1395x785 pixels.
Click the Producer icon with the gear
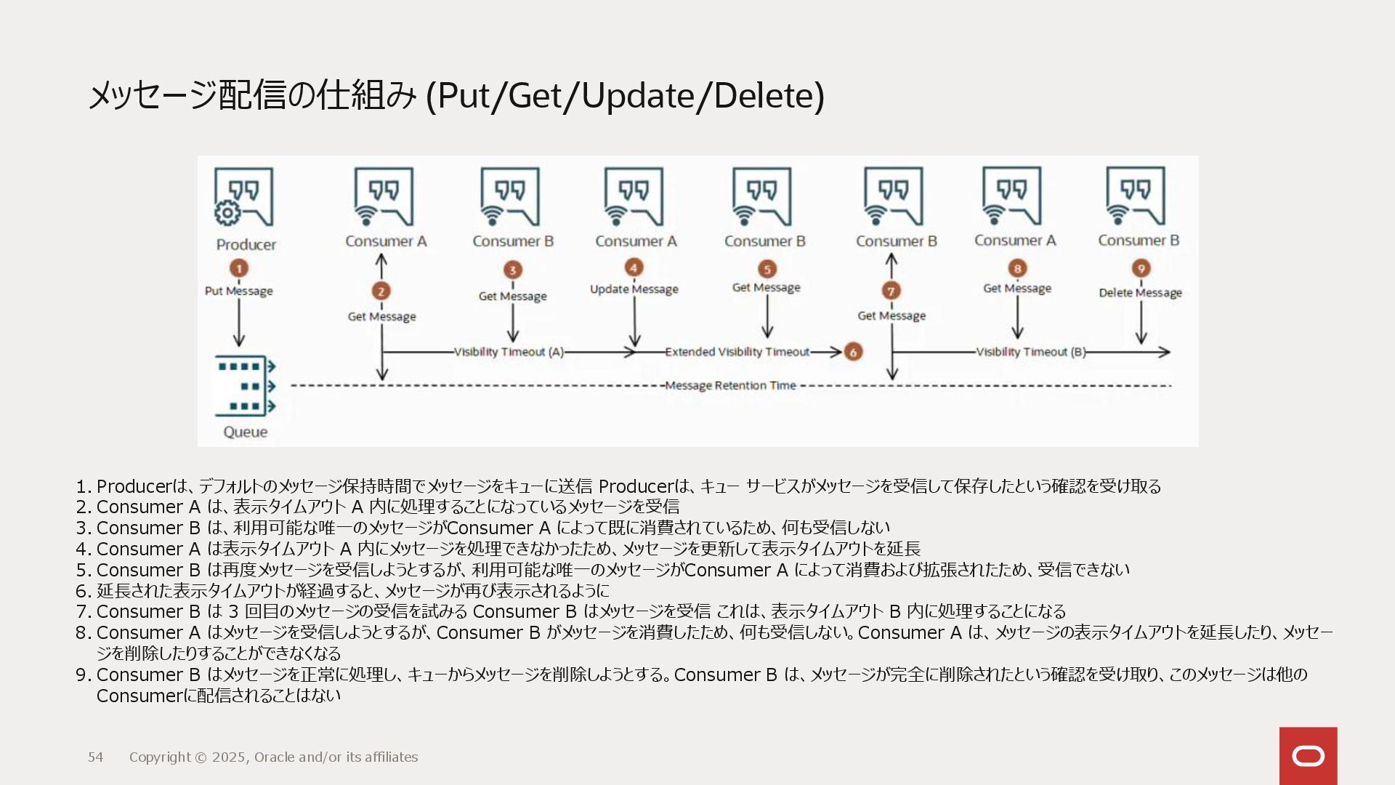243,198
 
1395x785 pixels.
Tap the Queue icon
246,386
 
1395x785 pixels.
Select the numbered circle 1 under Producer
239,268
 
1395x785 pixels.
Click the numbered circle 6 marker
853,352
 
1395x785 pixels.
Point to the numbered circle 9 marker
1141,269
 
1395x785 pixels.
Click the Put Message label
239,291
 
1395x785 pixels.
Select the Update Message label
634,289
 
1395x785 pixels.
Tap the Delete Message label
1140,292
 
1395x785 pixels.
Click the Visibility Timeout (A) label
509,352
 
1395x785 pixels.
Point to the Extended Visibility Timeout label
737,352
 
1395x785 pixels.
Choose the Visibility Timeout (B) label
1030,352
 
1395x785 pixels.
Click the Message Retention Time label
730,385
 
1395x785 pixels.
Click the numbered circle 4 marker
634,267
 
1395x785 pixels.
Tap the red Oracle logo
1308,756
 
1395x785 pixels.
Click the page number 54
96,757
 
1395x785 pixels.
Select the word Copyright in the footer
160,757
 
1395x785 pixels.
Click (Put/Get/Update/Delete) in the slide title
625,95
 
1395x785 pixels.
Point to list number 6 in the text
84,591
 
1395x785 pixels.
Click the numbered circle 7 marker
891,291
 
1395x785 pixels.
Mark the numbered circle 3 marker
512,270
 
